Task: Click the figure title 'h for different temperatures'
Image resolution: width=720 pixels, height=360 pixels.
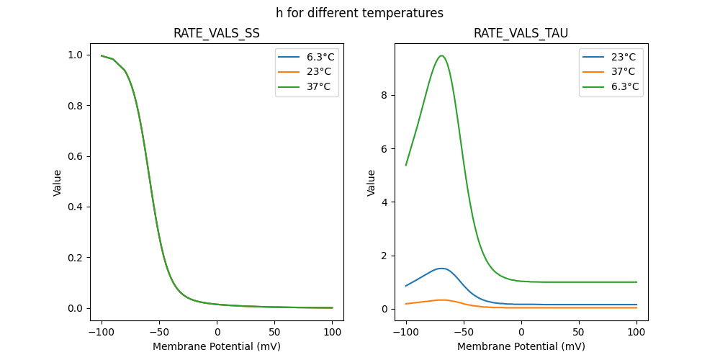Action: (x=359, y=13)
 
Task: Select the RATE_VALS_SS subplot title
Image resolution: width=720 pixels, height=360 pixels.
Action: (x=217, y=34)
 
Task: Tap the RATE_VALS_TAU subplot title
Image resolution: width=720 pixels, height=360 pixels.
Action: (x=521, y=34)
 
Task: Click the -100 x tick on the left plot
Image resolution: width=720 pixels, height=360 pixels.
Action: (x=102, y=332)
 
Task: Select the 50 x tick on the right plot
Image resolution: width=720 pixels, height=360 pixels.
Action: (x=579, y=332)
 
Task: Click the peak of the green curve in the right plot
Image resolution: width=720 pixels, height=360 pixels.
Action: (x=441, y=55)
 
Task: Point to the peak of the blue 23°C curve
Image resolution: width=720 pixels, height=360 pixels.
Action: (x=441, y=269)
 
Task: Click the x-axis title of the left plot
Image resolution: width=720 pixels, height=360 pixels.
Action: (x=217, y=346)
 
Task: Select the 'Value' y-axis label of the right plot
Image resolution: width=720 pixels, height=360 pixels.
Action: (x=372, y=183)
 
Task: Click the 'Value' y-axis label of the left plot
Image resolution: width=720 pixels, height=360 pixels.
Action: (x=58, y=183)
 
